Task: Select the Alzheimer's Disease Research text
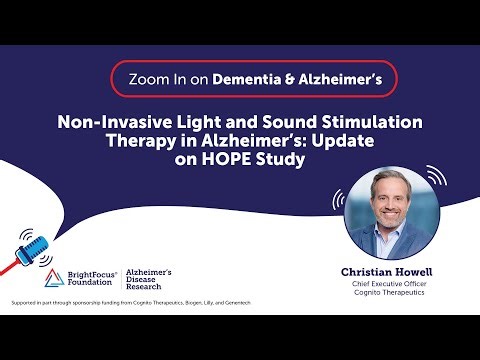click(154, 279)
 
